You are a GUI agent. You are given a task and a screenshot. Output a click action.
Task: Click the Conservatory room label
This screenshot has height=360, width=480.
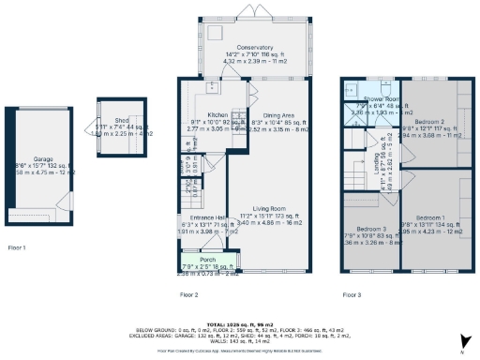coord(254,47)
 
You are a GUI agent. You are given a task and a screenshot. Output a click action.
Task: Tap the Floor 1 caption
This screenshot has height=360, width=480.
coord(17,247)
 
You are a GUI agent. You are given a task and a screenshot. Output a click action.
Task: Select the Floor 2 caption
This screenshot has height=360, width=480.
coord(188,294)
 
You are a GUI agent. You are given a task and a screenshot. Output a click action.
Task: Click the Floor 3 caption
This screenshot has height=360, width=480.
coord(352,294)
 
